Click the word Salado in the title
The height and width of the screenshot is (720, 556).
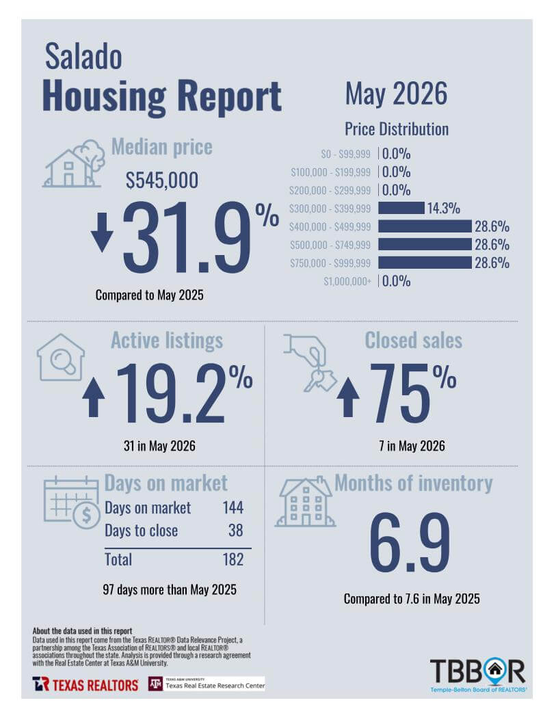[x=83, y=57]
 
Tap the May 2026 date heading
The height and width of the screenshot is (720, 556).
[x=396, y=94]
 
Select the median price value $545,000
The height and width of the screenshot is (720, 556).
[x=162, y=180]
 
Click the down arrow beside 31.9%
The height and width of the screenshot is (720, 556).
[x=102, y=231]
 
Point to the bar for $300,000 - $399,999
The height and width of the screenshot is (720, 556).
[x=401, y=208]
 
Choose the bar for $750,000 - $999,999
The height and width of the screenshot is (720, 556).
[x=425, y=263]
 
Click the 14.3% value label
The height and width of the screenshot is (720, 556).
[x=444, y=208]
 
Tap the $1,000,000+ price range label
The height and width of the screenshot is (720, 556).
[x=347, y=281]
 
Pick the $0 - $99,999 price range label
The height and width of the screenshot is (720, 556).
[x=346, y=154]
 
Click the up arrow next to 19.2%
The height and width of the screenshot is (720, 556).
[x=94, y=397]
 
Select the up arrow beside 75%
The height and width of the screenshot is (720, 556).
[x=348, y=397]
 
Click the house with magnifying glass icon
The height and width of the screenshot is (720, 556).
[x=61, y=358]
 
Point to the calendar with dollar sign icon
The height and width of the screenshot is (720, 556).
[x=72, y=503]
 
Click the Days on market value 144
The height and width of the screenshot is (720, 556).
[x=233, y=507]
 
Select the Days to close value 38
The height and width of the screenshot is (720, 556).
[x=235, y=531]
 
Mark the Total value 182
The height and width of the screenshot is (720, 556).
[x=233, y=559]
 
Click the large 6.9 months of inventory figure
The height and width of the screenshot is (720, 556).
[x=410, y=543]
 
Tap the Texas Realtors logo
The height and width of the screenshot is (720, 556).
[x=85, y=684]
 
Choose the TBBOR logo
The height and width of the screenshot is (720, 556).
[x=478, y=676]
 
